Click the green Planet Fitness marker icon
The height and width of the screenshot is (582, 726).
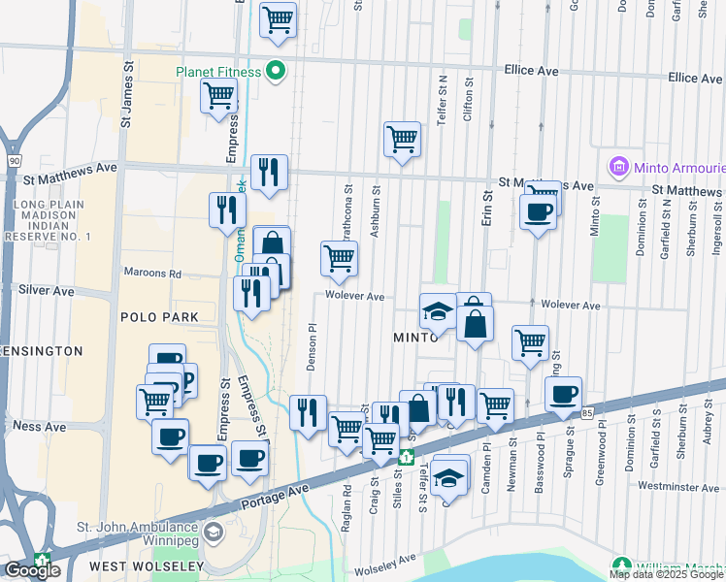(276, 71)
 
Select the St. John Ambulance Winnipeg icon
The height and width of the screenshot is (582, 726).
(213, 533)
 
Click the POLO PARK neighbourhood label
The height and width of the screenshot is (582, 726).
(159, 317)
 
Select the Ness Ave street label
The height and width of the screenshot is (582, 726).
(40, 426)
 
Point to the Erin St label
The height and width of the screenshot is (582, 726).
(488, 208)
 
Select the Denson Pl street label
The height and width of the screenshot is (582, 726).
(312, 346)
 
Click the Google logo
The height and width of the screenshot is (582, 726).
(32, 570)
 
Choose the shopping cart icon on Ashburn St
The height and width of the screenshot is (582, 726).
(402, 139)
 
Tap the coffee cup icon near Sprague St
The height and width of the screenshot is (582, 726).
(563, 394)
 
